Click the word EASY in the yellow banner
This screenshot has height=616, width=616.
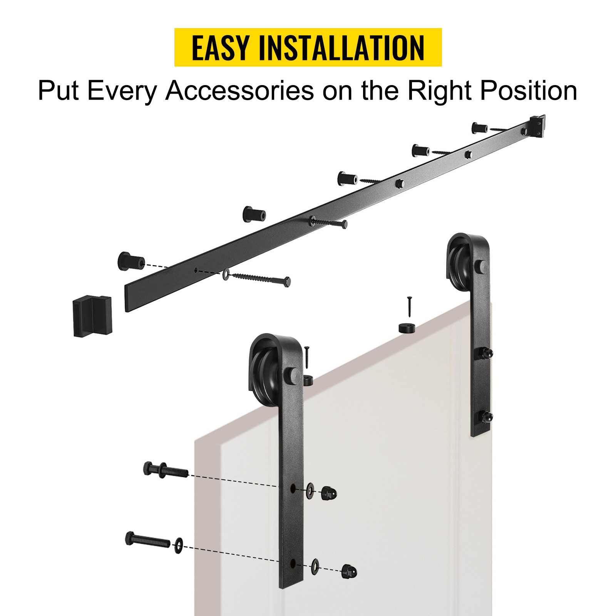pyautogui.click(x=220, y=48)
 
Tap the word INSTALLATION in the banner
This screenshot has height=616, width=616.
pyautogui.click(x=341, y=48)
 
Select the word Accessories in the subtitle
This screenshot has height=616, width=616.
pyautogui.click(x=239, y=91)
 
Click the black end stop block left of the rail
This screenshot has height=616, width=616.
pyautogui.click(x=92, y=316)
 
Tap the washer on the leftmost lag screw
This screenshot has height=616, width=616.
pyautogui.click(x=226, y=274)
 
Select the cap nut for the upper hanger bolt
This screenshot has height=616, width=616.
pyautogui.click(x=329, y=493)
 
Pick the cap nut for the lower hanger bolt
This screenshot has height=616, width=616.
pyautogui.click(x=349, y=571)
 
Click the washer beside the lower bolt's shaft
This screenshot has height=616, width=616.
pyautogui.click(x=178, y=545)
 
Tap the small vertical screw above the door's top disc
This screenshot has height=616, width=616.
pyautogui.click(x=409, y=306)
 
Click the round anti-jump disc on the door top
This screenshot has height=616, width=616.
pyautogui.click(x=407, y=328)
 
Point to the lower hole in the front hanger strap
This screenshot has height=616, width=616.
pyautogui.click(x=293, y=564)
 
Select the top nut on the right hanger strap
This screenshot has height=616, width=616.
pyautogui.click(x=486, y=353)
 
